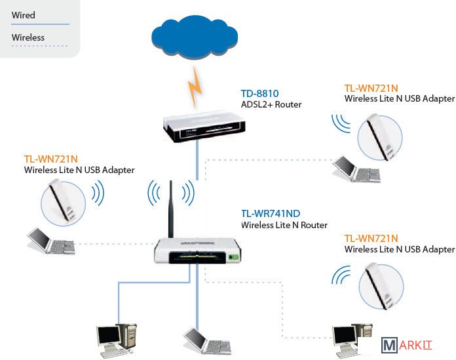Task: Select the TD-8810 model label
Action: (259, 93)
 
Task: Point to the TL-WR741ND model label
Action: (270, 213)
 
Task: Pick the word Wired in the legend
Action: (24, 15)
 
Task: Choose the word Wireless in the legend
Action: (28, 37)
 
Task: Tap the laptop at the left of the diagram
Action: (49, 241)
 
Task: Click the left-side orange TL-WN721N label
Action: (51, 159)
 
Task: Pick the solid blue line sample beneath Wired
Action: (40, 24)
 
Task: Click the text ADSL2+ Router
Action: (271, 104)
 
